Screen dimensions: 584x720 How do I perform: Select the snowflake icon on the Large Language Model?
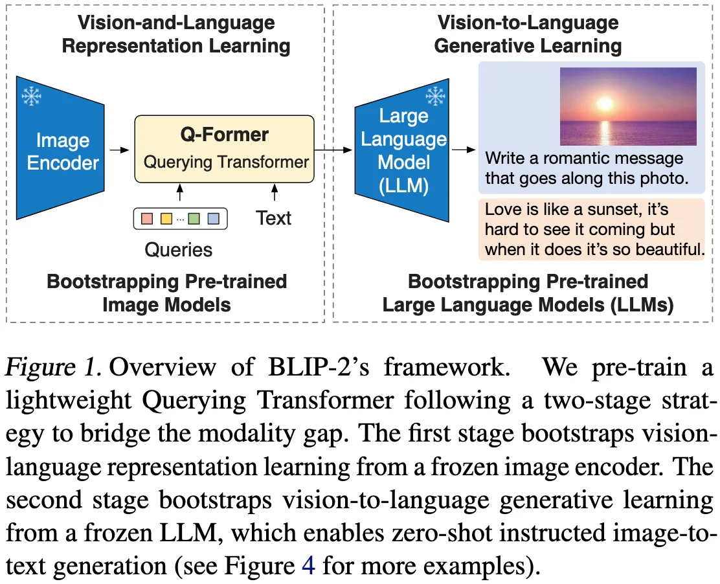434,97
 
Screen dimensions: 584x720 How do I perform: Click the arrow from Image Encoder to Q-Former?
118,150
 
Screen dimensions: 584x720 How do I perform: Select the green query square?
194,219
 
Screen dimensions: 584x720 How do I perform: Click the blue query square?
213,219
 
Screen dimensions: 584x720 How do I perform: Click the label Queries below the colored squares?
178,249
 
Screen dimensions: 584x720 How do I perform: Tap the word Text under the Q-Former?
273,218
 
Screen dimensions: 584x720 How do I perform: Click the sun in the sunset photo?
605,104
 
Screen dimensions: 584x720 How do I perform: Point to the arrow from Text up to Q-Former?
275,192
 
